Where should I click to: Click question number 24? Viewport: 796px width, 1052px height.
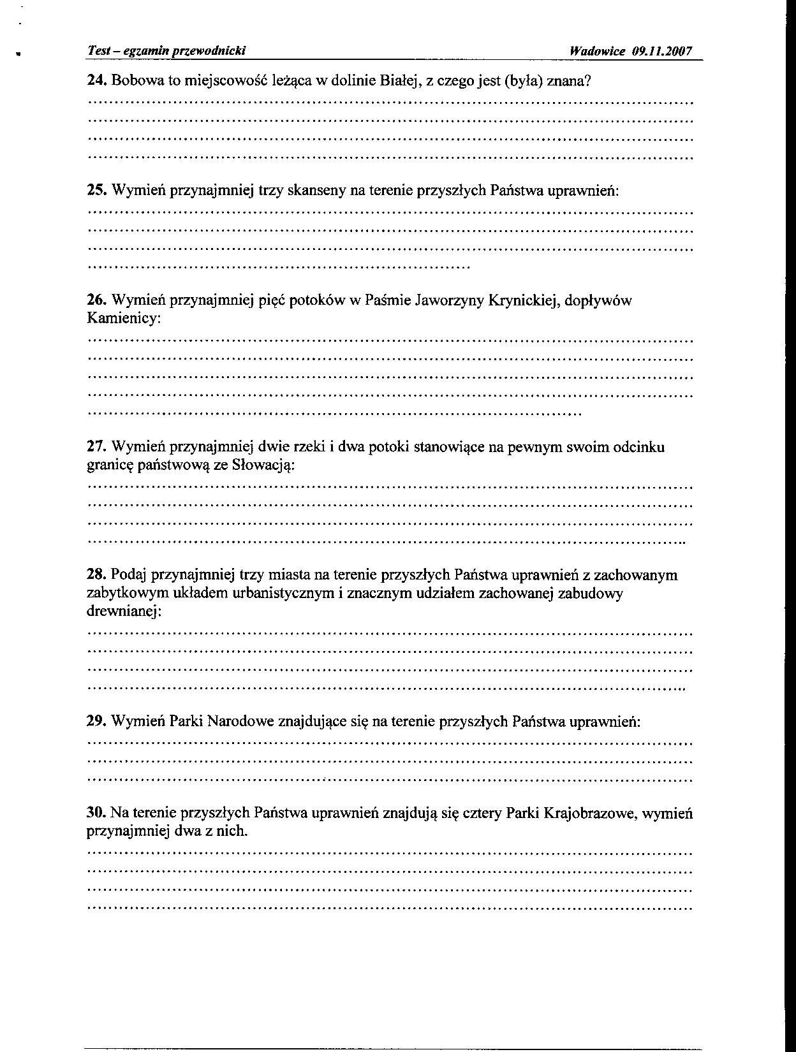tap(96, 81)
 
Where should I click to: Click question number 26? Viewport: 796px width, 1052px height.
tap(96, 300)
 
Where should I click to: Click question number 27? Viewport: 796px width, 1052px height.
tap(96, 447)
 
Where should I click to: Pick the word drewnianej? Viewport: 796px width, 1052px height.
tap(123, 612)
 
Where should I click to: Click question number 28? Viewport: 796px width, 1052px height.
tap(96, 575)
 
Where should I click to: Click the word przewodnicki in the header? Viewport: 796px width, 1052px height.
tap(210, 52)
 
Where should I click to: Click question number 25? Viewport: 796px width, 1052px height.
tap(96, 190)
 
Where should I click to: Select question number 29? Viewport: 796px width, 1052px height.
tap(96, 722)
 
